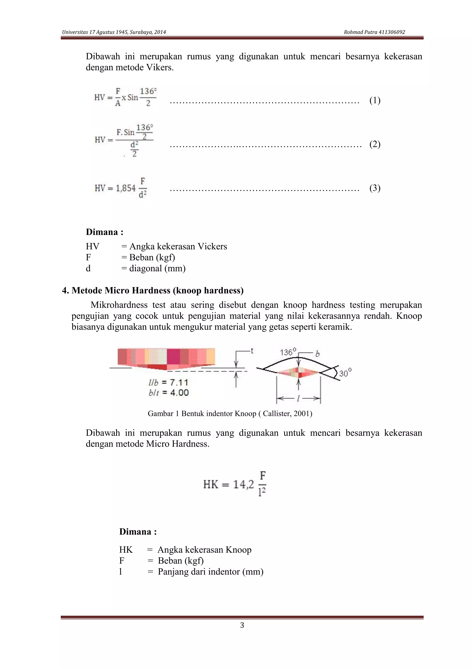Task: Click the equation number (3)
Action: [375, 188]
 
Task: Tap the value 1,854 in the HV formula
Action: [126, 188]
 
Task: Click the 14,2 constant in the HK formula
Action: [243, 484]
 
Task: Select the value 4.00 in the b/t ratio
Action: [179, 393]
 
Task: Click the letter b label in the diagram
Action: [318, 354]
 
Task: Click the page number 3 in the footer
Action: [242, 625]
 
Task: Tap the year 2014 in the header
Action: [160, 32]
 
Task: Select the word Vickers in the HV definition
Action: [212, 246]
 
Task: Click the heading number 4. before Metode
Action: [66, 291]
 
